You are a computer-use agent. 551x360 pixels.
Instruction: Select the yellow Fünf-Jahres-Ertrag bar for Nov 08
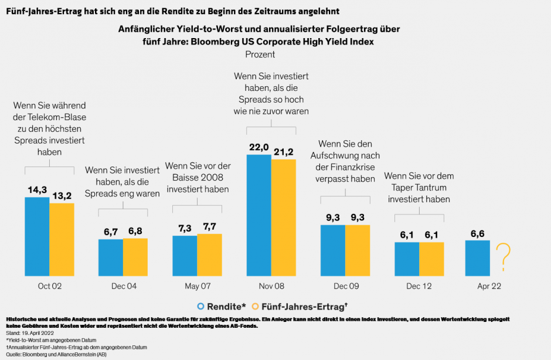coord(284,217)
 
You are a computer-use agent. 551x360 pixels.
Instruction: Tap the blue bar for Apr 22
coord(477,257)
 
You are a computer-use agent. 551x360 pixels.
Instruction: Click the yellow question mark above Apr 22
coord(503,257)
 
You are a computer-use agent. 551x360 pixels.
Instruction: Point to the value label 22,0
coord(259,148)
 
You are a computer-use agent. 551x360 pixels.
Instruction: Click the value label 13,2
coord(62,195)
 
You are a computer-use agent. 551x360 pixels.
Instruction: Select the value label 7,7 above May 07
coord(209,226)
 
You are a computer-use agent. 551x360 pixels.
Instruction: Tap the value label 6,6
coord(477,233)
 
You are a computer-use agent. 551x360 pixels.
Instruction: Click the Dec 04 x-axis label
coord(123,287)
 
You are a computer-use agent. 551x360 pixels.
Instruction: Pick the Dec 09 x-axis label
coord(345,287)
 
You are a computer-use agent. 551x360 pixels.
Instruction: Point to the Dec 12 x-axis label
coord(419,287)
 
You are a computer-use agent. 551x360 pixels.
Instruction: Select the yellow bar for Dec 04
coord(135,256)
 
